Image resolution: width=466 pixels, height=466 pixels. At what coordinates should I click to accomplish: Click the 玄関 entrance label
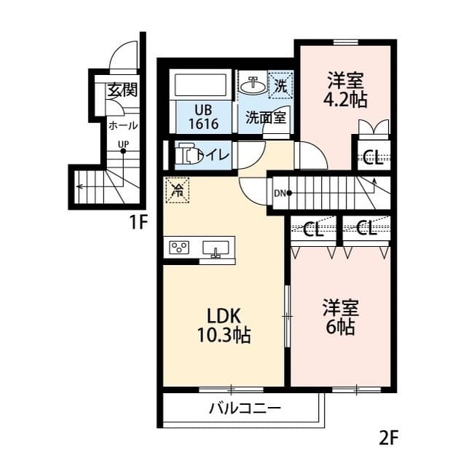[122, 91]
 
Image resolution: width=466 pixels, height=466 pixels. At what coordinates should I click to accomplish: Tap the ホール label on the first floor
[122, 125]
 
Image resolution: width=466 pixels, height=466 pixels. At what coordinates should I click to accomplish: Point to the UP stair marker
[123, 149]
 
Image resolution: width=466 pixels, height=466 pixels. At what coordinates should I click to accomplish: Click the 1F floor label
[139, 223]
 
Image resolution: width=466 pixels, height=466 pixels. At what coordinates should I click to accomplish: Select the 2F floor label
[389, 439]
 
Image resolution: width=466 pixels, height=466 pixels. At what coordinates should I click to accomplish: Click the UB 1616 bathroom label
[203, 117]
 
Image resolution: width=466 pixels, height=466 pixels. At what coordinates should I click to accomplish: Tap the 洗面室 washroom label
[264, 116]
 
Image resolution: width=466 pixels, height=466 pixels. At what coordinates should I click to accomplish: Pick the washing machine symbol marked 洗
[280, 84]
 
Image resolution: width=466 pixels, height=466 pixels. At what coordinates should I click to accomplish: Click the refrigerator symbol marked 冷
[177, 191]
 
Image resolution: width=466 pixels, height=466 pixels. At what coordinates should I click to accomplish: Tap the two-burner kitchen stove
[179, 248]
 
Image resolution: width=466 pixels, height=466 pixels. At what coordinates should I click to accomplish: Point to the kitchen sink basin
[216, 249]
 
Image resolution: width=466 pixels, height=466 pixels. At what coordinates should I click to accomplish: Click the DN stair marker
[283, 193]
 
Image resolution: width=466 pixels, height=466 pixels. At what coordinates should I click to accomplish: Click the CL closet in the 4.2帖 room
[373, 157]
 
